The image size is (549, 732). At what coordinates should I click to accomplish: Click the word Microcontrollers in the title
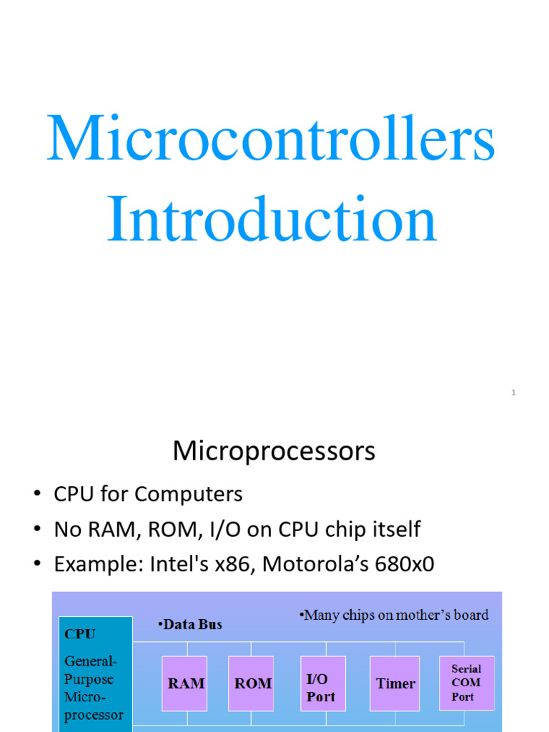[x=270, y=139]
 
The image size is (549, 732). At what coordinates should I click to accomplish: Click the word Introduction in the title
[x=272, y=219]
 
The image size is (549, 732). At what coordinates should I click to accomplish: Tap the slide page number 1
[x=513, y=392]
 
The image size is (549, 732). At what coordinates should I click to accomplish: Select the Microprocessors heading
[x=274, y=452]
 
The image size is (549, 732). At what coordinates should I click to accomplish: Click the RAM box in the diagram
[x=186, y=683]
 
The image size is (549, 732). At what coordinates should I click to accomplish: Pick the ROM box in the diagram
[x=253, y=683]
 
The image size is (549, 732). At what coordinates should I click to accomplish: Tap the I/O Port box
[x=321, y=686]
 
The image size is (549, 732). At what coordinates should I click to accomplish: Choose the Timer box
[x=395, y=683]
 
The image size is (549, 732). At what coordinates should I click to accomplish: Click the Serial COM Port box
[x=465, y=683]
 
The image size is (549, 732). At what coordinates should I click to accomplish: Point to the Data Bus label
[x=192, y=625]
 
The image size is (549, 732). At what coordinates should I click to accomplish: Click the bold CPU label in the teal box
[x=80, y=634]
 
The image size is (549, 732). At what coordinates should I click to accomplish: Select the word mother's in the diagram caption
[x=418, y=615]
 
